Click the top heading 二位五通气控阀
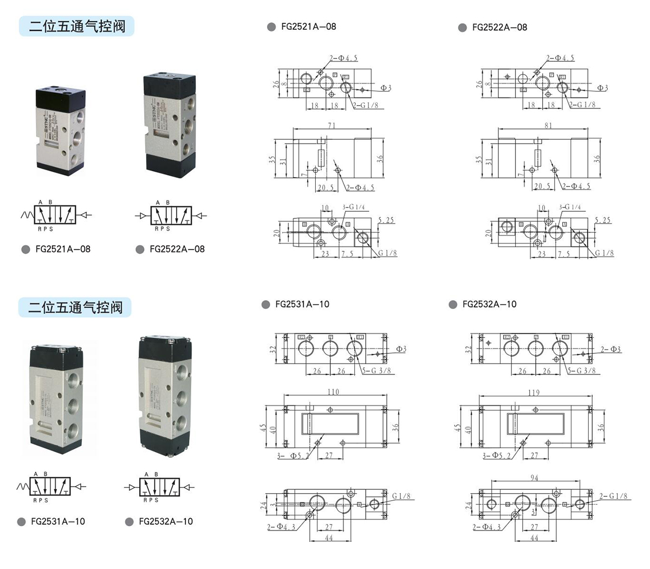click(76, 25)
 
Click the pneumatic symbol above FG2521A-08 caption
click(54, 216)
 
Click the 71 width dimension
click(331, 125)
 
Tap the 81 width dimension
click(548, 125)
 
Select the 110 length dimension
click(333, 392)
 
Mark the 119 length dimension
click(534, 392)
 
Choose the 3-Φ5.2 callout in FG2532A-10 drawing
click(496, 456)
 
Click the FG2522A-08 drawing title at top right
click(499, 27)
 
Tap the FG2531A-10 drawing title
click(302, 304)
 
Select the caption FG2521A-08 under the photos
click(63, 249)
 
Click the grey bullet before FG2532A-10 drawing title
click(453, 305)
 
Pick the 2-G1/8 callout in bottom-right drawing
click(613, 496)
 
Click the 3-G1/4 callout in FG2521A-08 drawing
click(355, 207)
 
